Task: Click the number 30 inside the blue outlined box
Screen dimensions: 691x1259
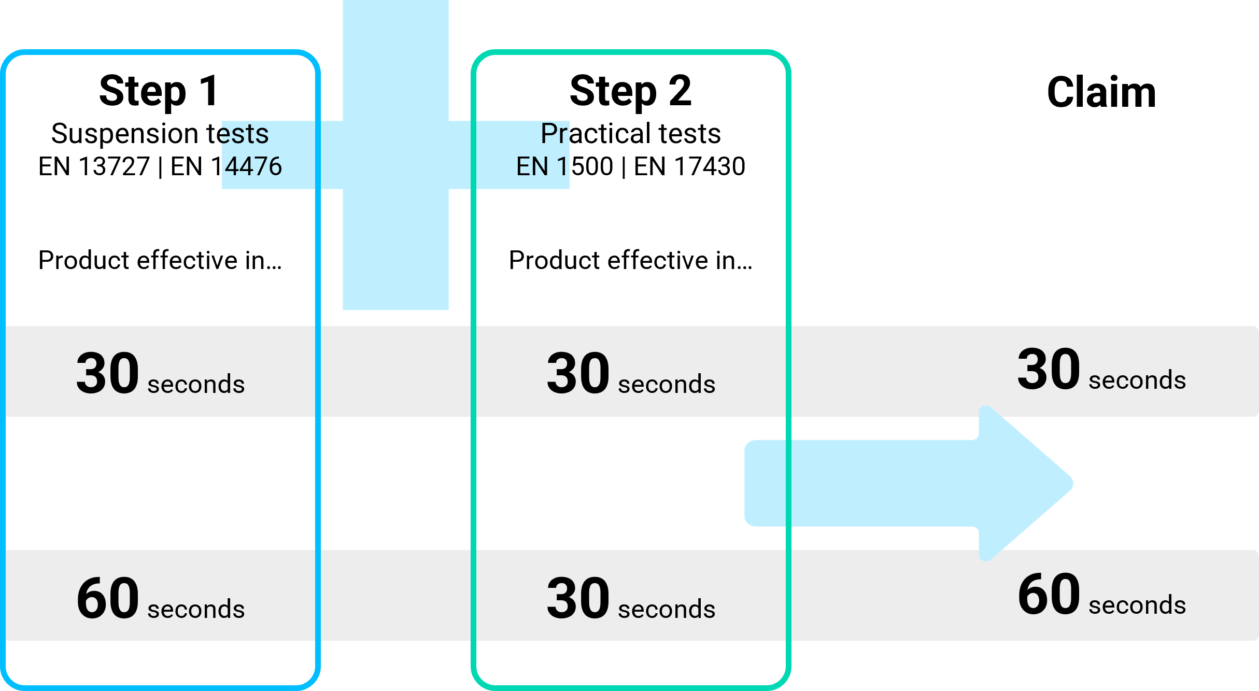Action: tap(108, 373)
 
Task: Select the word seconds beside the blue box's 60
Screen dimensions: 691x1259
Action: tap(196, 609)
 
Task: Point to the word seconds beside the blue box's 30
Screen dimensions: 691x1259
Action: tap(196, 384)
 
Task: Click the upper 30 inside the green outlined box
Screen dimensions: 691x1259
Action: tap(578, 373)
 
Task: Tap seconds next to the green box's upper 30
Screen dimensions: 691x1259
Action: tap(667, 384)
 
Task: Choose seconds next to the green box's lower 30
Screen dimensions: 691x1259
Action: tap(667, 609)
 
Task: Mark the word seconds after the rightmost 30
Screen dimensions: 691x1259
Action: tap(1137, 380)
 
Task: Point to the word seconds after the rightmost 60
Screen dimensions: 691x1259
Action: tap(1137, 605)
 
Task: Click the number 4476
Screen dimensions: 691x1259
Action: tap(253, 166)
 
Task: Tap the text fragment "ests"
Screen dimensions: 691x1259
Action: tap(244, 134)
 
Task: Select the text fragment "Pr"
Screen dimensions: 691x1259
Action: tap(554, 134)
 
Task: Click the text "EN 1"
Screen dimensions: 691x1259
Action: tap(542, 166)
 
